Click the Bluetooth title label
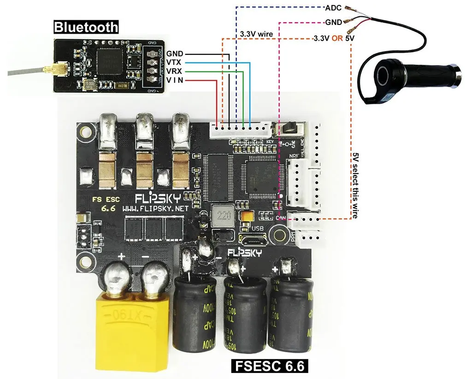click(x=86, y=27)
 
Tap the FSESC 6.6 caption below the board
click(x=269, y=366)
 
